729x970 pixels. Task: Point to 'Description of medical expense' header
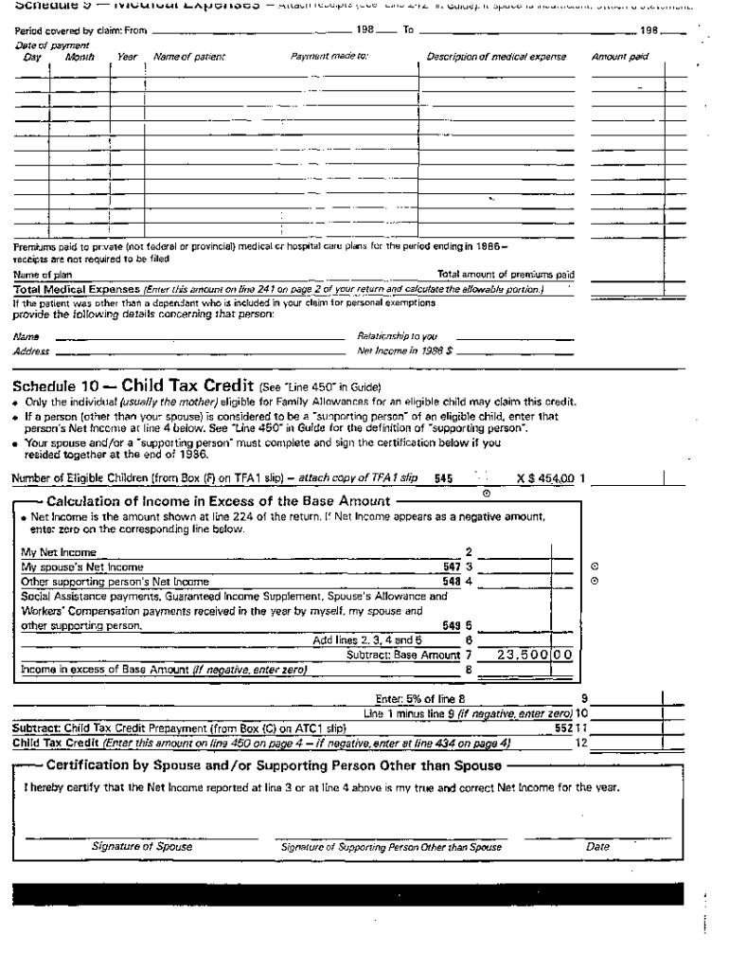496,57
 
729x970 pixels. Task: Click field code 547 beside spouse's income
451,566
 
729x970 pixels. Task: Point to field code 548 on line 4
451,581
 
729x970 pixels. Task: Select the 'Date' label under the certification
597,847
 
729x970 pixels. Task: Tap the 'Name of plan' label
37,276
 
